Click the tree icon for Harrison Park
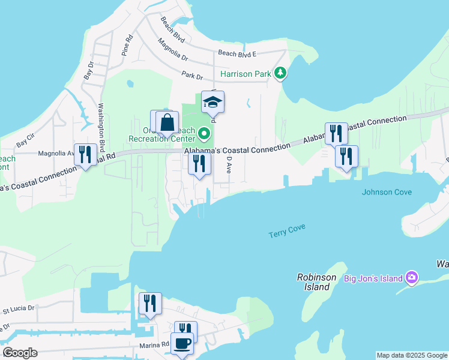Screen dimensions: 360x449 pyautogui.click(x=280, y=73)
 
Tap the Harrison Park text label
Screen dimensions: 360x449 pyautogui.click(x=246, y=74)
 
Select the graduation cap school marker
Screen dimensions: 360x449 pyautogui.click(x=212, y=103)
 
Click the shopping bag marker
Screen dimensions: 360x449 pyautogui.click(x=167, y=123)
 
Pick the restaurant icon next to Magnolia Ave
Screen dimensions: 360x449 pyautogui.click(x=85, y=155)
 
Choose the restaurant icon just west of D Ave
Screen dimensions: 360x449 pyautogui.click(x=199, y=164)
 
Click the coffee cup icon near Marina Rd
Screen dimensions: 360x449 pyautogui.click(x=182, y=344)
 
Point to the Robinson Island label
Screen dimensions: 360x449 pyautogui.click(x=314, y=282)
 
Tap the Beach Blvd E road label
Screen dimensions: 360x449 pyautogui.click(x=237, y=54)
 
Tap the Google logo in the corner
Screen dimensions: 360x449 pyautogui.click(x=20, y=353)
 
